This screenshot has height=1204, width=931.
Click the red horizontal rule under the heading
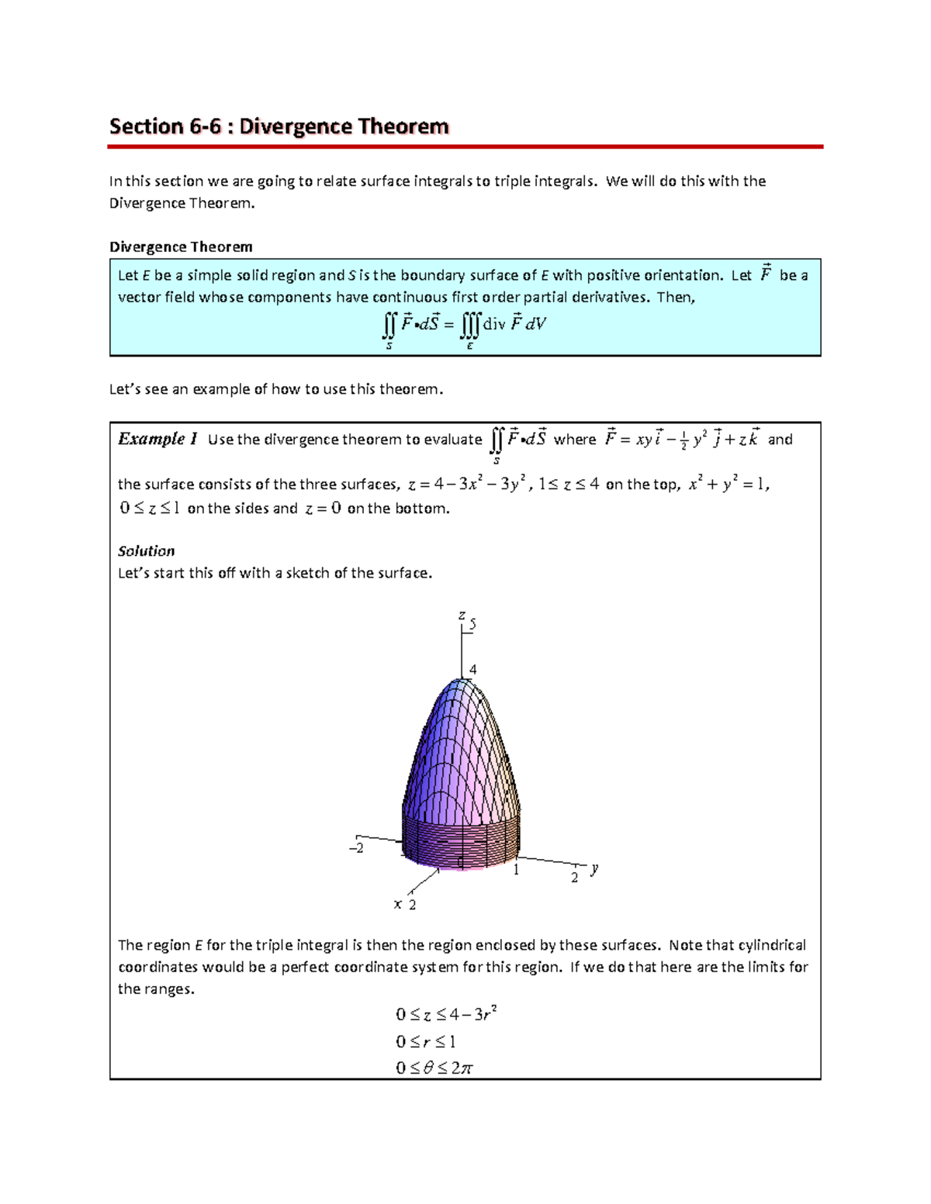point(465,146)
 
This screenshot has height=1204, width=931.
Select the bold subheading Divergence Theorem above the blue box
point(181,247)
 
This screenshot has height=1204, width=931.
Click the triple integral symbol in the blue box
point(470,324)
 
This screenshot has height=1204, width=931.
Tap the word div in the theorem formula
point(493,324)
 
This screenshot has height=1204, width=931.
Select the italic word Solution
point(146,551)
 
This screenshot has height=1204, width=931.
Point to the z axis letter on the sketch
point(461,615)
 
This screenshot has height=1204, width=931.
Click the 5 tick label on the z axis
point(472,624)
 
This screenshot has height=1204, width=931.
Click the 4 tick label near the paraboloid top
point(473,669)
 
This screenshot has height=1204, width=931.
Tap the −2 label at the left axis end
point(356,848)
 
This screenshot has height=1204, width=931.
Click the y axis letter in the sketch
point(594,868)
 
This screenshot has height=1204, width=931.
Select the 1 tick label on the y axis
point(516,870)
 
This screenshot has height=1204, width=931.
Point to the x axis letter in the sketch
point(397,904)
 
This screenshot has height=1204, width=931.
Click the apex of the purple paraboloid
point(461,681)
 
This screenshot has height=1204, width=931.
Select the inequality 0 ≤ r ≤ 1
point(425,1041)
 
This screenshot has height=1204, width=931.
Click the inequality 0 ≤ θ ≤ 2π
point(434,1068)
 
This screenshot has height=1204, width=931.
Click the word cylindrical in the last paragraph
point(772,945)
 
